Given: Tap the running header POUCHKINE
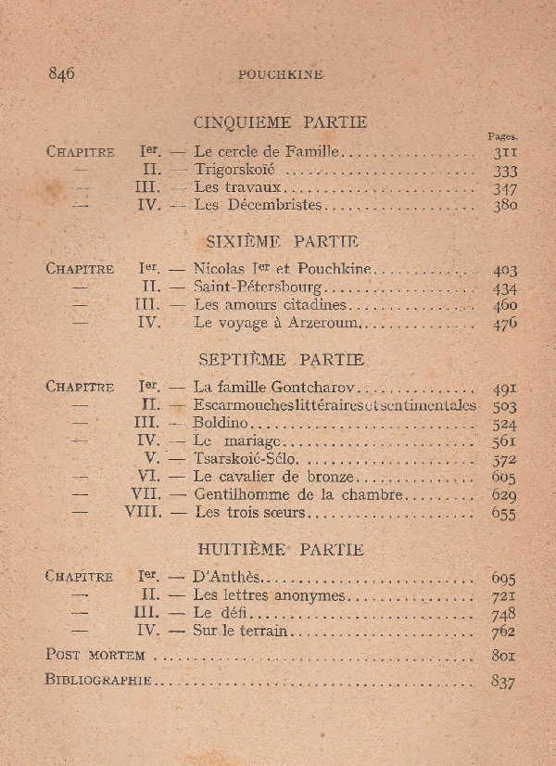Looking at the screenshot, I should (280, 75).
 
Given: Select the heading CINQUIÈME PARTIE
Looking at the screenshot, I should (280, 122).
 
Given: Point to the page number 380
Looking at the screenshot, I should (505, 206).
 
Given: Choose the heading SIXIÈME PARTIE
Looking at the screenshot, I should (280, 241).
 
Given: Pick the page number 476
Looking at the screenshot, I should (505, 324).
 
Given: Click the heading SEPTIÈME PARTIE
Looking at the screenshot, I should (281, 360).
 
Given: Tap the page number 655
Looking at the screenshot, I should (505, 512).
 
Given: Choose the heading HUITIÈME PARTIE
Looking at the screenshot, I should (280, 549).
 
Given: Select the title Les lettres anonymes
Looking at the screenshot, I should (269, 595).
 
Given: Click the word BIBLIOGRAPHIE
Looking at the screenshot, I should (98, 680).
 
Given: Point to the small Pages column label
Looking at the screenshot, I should (503, 135).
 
